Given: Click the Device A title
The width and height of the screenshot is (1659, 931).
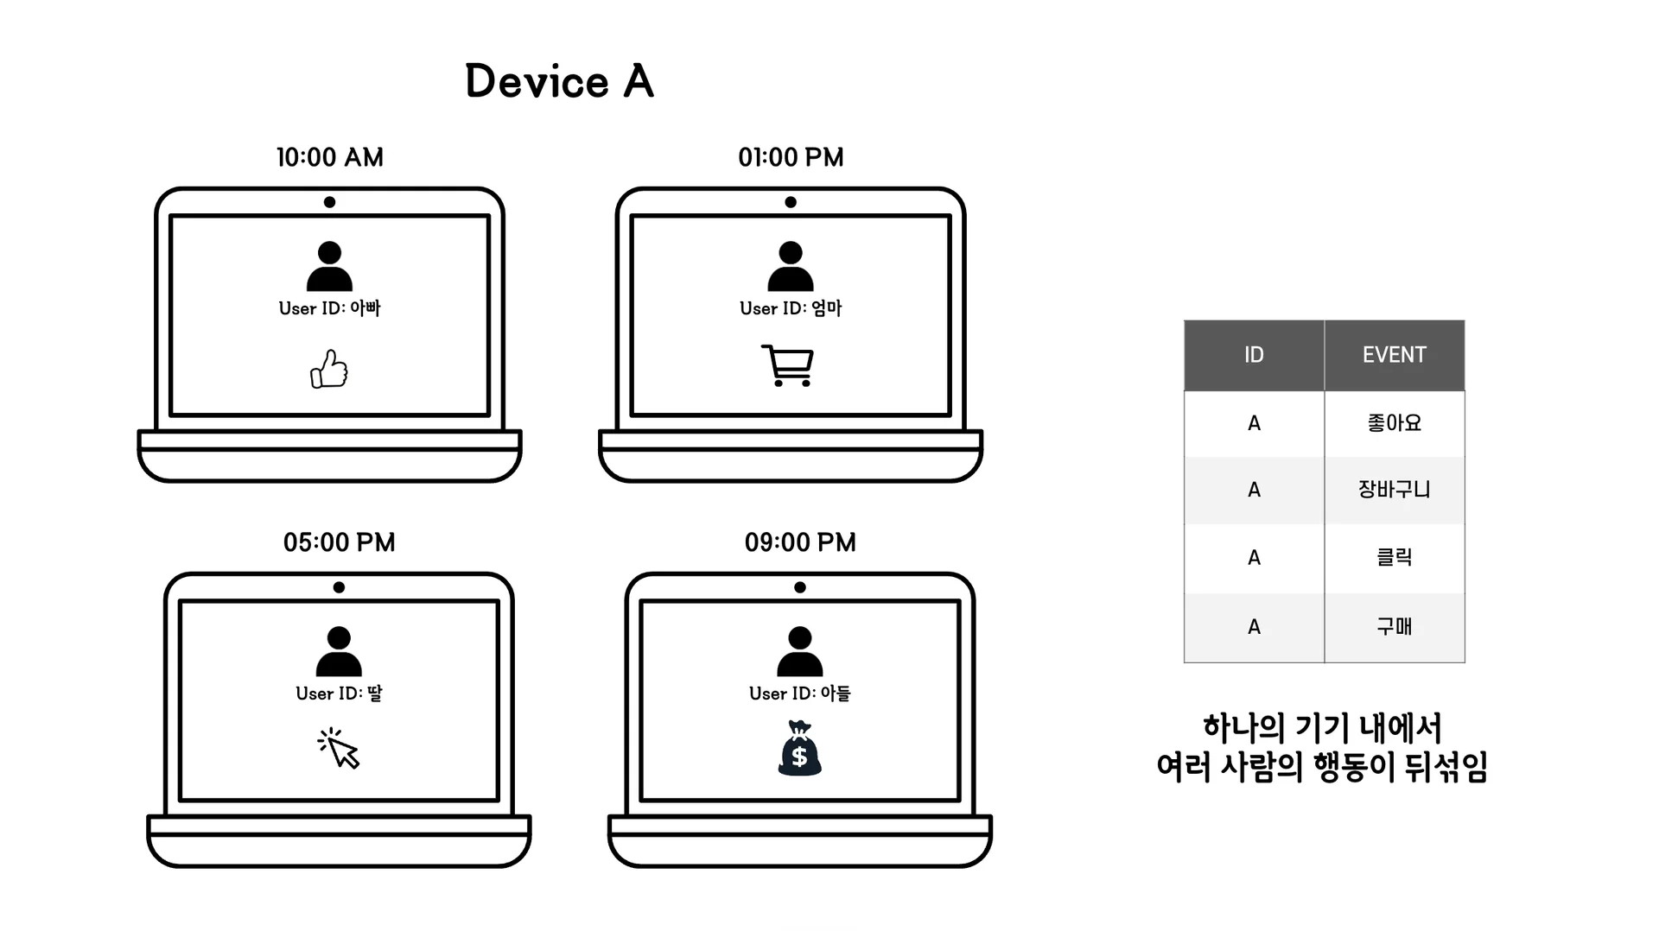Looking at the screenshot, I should [559, 81].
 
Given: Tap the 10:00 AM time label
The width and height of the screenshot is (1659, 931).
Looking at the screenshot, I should [329, 157].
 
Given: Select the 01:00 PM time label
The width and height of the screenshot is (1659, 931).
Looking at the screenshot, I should [791, 157].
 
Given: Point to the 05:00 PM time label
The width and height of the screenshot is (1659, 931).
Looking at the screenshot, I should [339, 542].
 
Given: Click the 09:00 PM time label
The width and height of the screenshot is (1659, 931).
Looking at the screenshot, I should [800, 542].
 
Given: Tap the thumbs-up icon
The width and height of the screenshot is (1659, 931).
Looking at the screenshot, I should [329, 370].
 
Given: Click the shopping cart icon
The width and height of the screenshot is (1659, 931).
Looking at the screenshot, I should [788, 365].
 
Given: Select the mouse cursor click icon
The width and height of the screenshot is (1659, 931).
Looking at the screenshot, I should [339, 748].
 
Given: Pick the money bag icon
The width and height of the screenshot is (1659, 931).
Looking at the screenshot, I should [799, 749].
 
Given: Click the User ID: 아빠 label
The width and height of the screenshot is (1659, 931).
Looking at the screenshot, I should [329, 308].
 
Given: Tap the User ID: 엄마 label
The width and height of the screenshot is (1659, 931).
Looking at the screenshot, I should [791, 308].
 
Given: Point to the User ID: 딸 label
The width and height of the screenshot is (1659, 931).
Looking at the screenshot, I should [339, 693].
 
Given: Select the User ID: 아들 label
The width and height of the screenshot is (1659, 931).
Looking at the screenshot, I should [800, 693].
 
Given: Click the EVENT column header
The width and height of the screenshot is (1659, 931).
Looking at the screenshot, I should [1394, 355].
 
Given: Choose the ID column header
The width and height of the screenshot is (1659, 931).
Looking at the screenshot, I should [1254, 355].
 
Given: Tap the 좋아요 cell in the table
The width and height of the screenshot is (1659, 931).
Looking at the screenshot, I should [1394, 423].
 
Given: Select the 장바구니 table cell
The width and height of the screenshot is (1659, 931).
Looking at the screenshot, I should [1394, 490].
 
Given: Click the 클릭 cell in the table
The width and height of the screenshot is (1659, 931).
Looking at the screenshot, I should [1394, 558].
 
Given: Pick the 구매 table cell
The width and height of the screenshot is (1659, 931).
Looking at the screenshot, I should [1394, 627].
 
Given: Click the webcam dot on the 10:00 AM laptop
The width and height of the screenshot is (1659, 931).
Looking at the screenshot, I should [329, 202].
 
